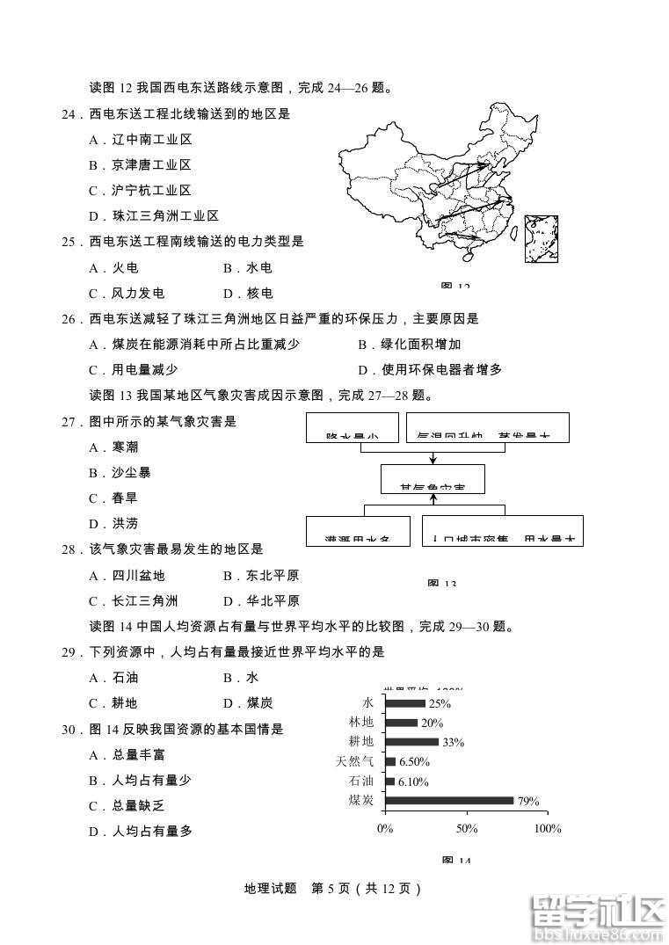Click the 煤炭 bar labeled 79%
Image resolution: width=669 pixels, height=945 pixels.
449,800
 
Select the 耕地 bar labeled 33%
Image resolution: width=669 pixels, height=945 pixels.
411,742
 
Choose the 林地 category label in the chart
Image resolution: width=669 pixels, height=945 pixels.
360,723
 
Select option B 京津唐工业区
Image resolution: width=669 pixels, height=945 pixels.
141,164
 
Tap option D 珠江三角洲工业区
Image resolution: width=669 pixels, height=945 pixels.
154,215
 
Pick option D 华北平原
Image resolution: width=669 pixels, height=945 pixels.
261,600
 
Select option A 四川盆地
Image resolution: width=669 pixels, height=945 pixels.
127,575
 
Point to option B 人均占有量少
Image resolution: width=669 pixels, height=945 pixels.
141,780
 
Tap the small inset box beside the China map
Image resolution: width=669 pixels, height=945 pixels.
542,239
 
